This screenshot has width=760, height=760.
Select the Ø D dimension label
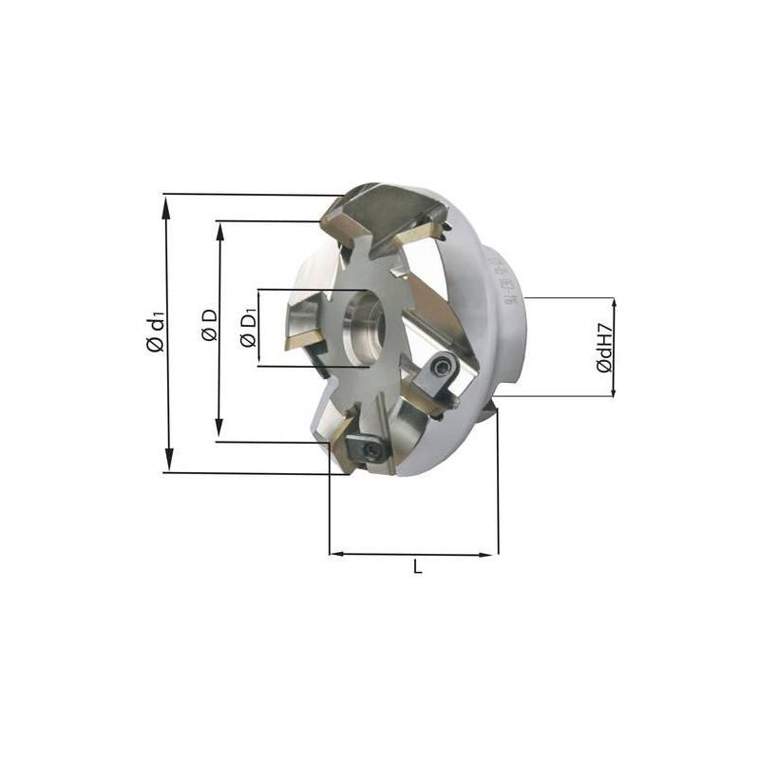point(210,326)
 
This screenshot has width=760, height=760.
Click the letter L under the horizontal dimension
point(417,567)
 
